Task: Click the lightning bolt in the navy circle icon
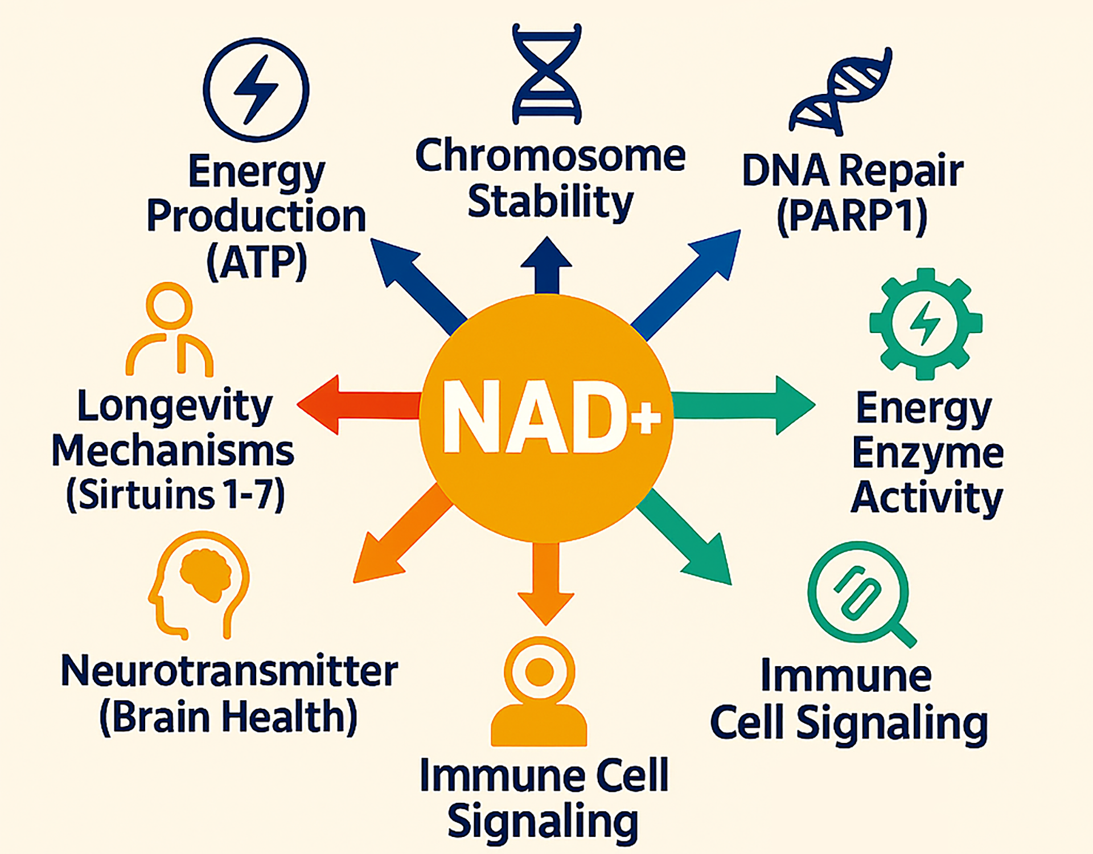256,89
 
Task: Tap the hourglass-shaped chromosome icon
546,74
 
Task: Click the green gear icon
926,323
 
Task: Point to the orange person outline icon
170,330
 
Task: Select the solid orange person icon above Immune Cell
539,692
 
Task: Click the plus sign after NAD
646,417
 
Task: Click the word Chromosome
550,155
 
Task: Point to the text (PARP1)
852,217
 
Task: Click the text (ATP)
257,262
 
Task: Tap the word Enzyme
927,454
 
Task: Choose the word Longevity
175,406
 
